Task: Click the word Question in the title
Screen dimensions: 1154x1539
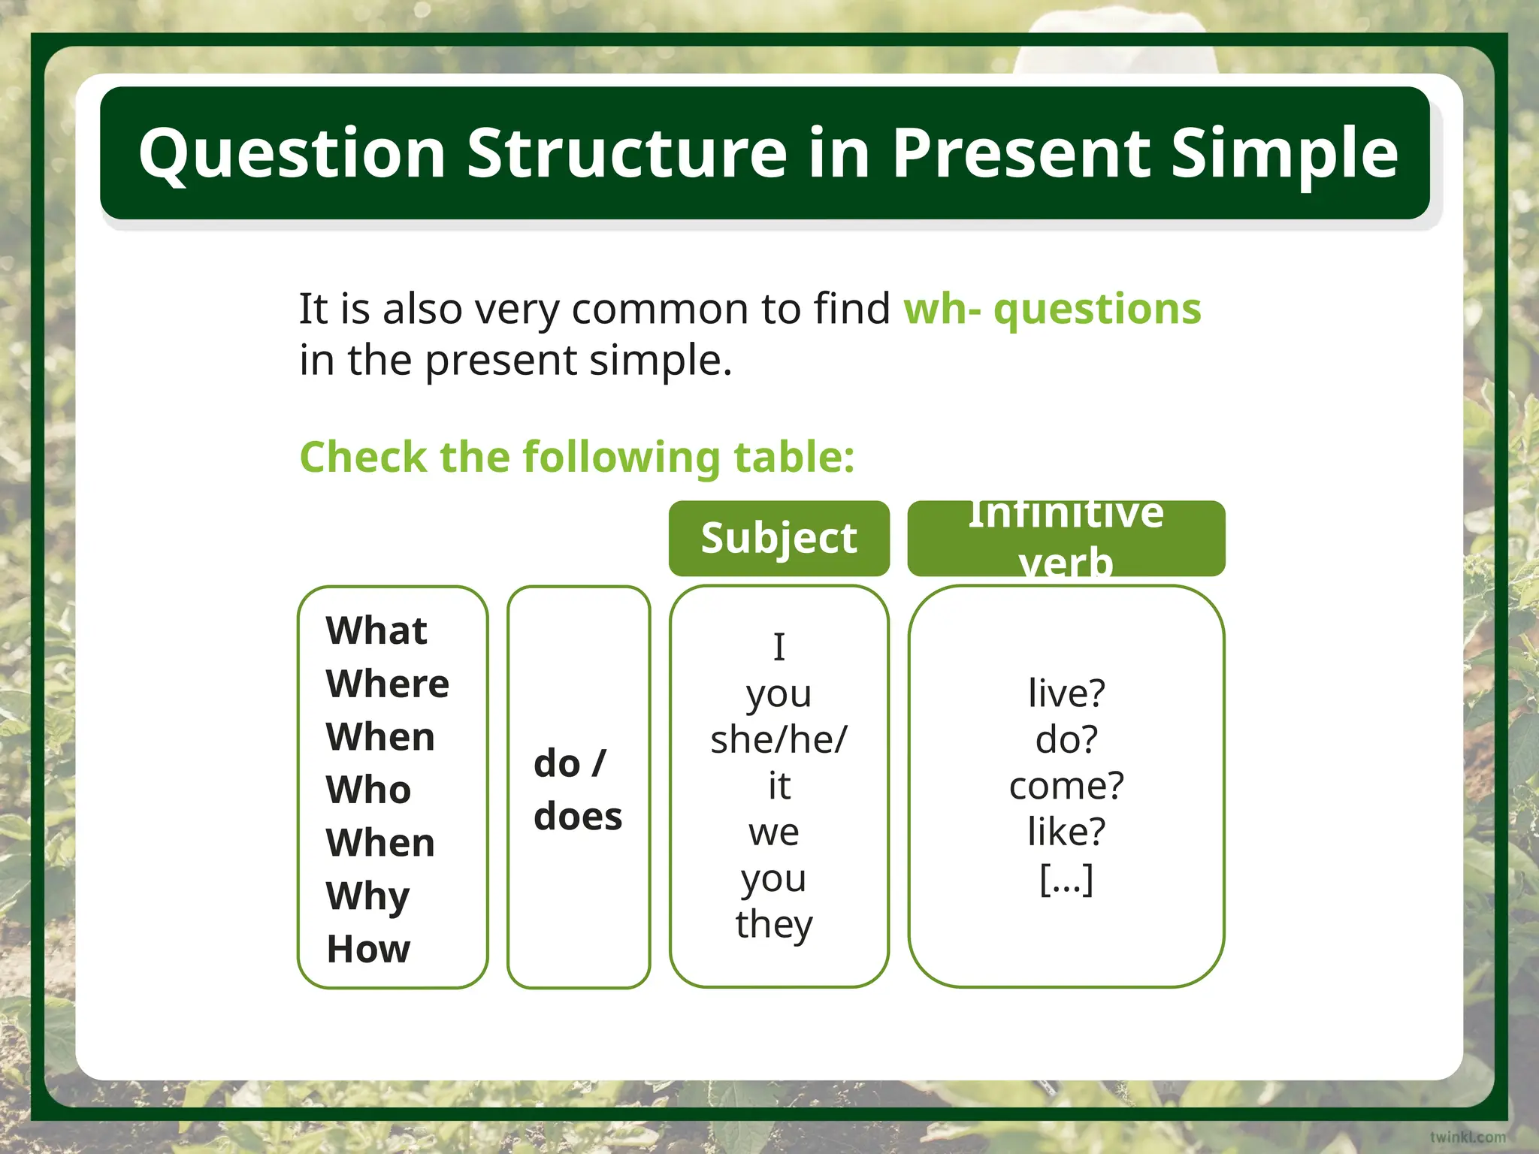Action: point(292,154)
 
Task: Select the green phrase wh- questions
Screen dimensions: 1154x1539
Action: point(1052,309)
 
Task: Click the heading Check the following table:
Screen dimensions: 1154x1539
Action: point(577,457)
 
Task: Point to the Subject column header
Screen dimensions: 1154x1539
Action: point(779,538)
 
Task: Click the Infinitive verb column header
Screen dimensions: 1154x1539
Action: point(1066,538)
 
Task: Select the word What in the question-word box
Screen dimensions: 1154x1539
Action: point(376,630)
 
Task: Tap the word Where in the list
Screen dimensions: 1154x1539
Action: point(387,683)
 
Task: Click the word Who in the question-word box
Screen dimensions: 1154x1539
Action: point(368,790)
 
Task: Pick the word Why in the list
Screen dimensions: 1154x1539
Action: point(367,896)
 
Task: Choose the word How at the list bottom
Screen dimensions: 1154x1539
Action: point(368,949)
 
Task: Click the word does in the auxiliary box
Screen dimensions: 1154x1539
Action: point(578,816)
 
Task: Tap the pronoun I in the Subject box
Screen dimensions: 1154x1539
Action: point(779,647)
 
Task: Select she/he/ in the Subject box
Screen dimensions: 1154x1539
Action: point(779,739)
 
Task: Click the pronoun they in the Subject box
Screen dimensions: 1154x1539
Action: point(774,924)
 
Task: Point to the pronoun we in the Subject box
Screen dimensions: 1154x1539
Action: point(774,832)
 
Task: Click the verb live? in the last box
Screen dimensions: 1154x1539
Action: point(1066,693)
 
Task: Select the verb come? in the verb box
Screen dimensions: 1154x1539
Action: point(1066,786)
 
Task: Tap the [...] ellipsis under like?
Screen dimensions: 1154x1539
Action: point(1066,878)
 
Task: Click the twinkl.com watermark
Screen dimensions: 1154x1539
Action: point(1467,1137)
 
